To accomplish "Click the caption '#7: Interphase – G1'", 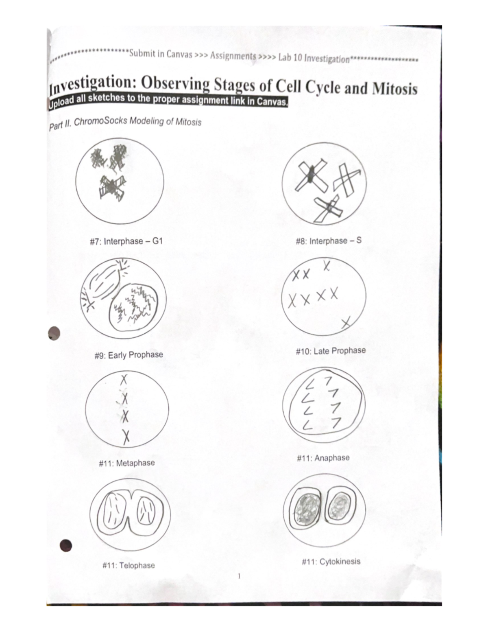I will [126, 241].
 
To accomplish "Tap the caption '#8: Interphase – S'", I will [329, 241].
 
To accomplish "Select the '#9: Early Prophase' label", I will [129, 355].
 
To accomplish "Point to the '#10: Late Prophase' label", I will [331, 351].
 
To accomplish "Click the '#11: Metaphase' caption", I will [126, 463].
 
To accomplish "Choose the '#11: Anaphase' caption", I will [323, 458].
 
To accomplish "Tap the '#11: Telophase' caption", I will [129, 565].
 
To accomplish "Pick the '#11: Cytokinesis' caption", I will [331, 562].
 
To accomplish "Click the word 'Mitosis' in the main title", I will [394, 88].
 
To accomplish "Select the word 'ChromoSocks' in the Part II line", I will [100, 121].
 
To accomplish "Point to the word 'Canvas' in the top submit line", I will [179, 54].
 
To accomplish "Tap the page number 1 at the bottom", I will [239, 576].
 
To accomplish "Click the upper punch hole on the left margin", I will [54, 333].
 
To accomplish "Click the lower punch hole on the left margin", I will [65, 545].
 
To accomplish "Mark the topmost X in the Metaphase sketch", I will [124, 380].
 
